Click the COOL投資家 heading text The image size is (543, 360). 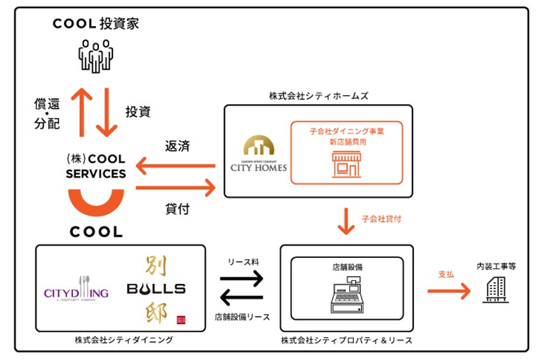click(96, 24)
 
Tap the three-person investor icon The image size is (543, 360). click(96, 56)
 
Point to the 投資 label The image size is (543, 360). click(138, 112)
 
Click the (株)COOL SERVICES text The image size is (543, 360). click(96, 166)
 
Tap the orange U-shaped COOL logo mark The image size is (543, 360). click(96, 204)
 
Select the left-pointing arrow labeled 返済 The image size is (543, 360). click(176, 167)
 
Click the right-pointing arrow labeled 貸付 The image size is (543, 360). click(176, 188)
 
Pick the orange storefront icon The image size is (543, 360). click(346, 165)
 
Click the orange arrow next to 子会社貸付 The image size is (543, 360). click(346, 220)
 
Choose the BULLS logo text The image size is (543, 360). click(157, 289)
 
